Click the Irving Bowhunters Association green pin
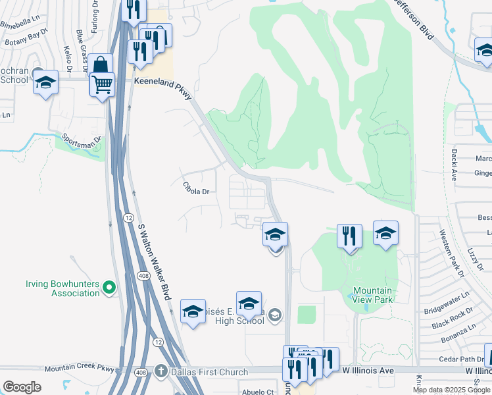click(109, 287)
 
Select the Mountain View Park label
click(372, 295)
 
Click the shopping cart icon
click(102, 84)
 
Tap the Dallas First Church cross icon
click(161, 371)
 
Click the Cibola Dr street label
click(195, 192)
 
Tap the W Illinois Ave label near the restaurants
click(368, 371)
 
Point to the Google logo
click(22, 387)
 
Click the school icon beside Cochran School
click(46, 83)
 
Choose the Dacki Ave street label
click(454, 164)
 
